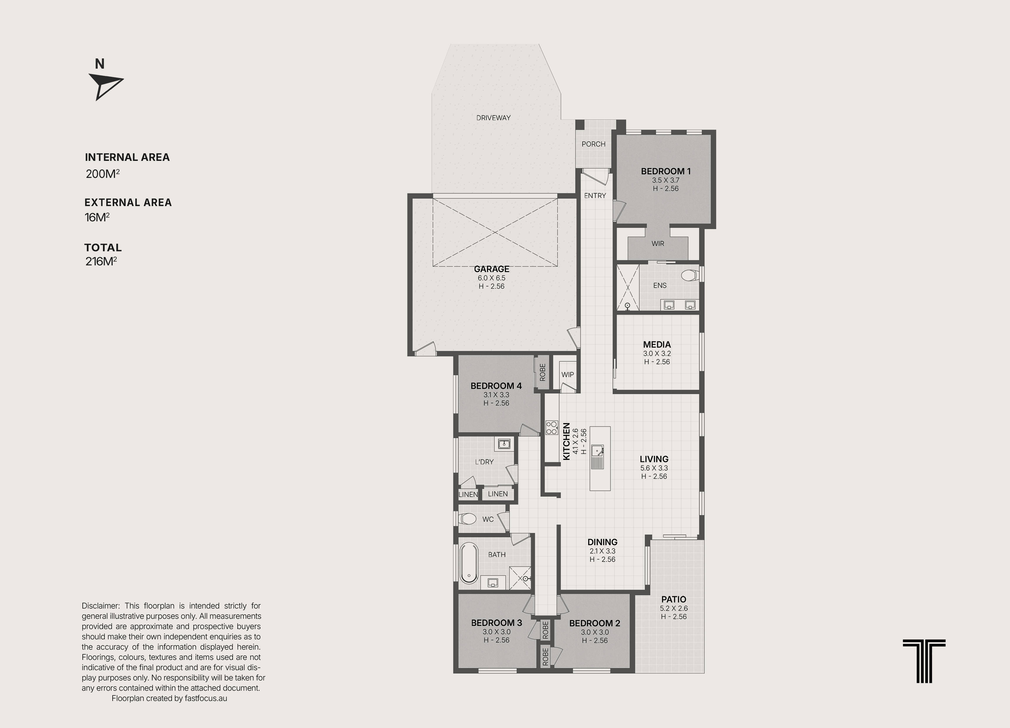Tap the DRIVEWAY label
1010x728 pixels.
click(x=493, y=118)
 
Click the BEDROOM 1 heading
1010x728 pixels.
click(x=666, y=171)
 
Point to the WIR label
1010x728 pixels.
click(x=658, y=244)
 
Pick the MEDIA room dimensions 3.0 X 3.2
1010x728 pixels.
click(x=657, y=354)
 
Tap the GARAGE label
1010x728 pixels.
click(x=492, y=269)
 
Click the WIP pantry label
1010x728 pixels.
click(x=567, y=375)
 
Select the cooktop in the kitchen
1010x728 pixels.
click(x=552, y=428)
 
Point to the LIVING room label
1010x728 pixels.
click(x=654, y=459)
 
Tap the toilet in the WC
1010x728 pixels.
click(x=467, y=519)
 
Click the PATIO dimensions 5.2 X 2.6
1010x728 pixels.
click(x=674, y=609)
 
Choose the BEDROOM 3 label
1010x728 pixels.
click(x=497, y=623)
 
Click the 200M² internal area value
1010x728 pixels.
click(x=102, y=174)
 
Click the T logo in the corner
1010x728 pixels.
click(x=924, y=661)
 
